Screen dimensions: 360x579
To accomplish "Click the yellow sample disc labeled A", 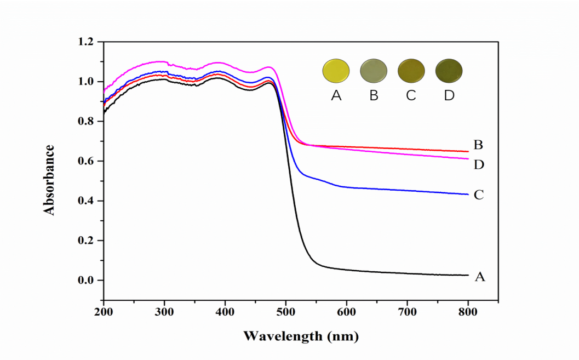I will pyautogui.click(x=336, y=71).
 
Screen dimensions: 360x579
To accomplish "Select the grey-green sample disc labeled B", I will pyautogui.click(x=374, y=71).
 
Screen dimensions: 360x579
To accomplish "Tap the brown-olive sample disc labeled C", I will pyautogui.click(x=411, y=71).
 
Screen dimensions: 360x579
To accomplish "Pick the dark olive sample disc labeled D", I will pyautogui.click(x=449, y=71).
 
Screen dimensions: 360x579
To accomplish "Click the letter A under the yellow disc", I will pyautogui.click(x=336, y=95).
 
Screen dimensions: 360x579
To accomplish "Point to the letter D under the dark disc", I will pyautogui.click(x=449, y=95).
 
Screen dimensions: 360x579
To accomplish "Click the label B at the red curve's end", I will pyautogui.click(x=478, y=145).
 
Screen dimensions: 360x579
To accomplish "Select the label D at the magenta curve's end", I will pyautogui.click(x=479, y=164).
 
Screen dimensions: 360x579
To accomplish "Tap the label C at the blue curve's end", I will pyautogui.click(x=478, y=195).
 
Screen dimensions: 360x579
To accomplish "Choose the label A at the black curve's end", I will pyautogui.click(x=479, y=277).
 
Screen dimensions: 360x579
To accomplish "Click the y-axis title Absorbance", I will pyautogui.click(x=50, y=180).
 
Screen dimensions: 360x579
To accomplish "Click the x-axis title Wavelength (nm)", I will pyautogui.click(x=301, y=335).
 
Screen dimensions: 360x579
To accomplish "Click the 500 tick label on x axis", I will pyautogui.click(x=285, y=313).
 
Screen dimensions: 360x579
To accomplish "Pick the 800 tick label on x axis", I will pyautogui.click(x=468, y=313).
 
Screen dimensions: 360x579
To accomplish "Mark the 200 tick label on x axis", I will pyautogui.click(x=103, y=313).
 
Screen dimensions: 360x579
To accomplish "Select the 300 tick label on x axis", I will pyautogui.click(x=164, y=313).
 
